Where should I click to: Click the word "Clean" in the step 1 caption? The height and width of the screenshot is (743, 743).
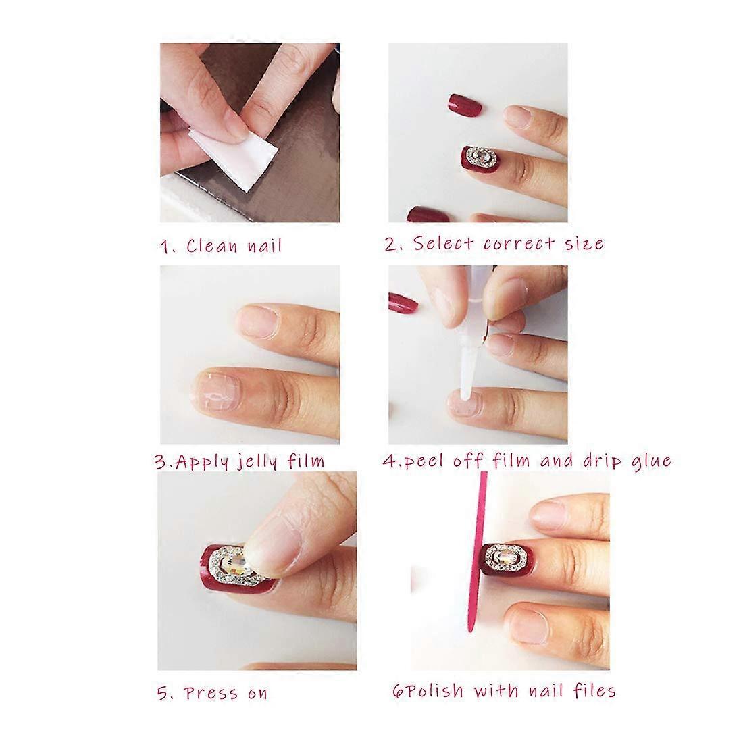click(x=212, y=246)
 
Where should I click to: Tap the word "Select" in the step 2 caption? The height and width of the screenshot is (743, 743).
click(x=444, y=244)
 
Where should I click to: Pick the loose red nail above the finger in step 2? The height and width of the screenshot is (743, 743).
click(x=465, y=104)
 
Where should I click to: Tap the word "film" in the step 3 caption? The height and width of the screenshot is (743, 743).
click(x=306, y=461)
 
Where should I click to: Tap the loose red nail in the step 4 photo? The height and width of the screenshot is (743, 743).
click(x=403, y=303)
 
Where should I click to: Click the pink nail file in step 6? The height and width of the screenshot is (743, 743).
click(x=476, y=552)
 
